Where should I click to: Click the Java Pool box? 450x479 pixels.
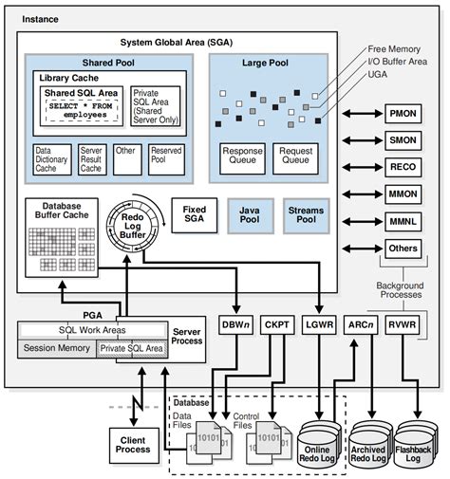(248, 214)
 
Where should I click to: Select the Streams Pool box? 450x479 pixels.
(306, 214)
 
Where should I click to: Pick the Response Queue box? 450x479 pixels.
(241, 156)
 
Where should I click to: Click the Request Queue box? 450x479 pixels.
(295, 156)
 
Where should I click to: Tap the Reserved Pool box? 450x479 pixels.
(165, 156)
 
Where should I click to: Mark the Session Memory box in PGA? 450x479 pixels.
(58, 348)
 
